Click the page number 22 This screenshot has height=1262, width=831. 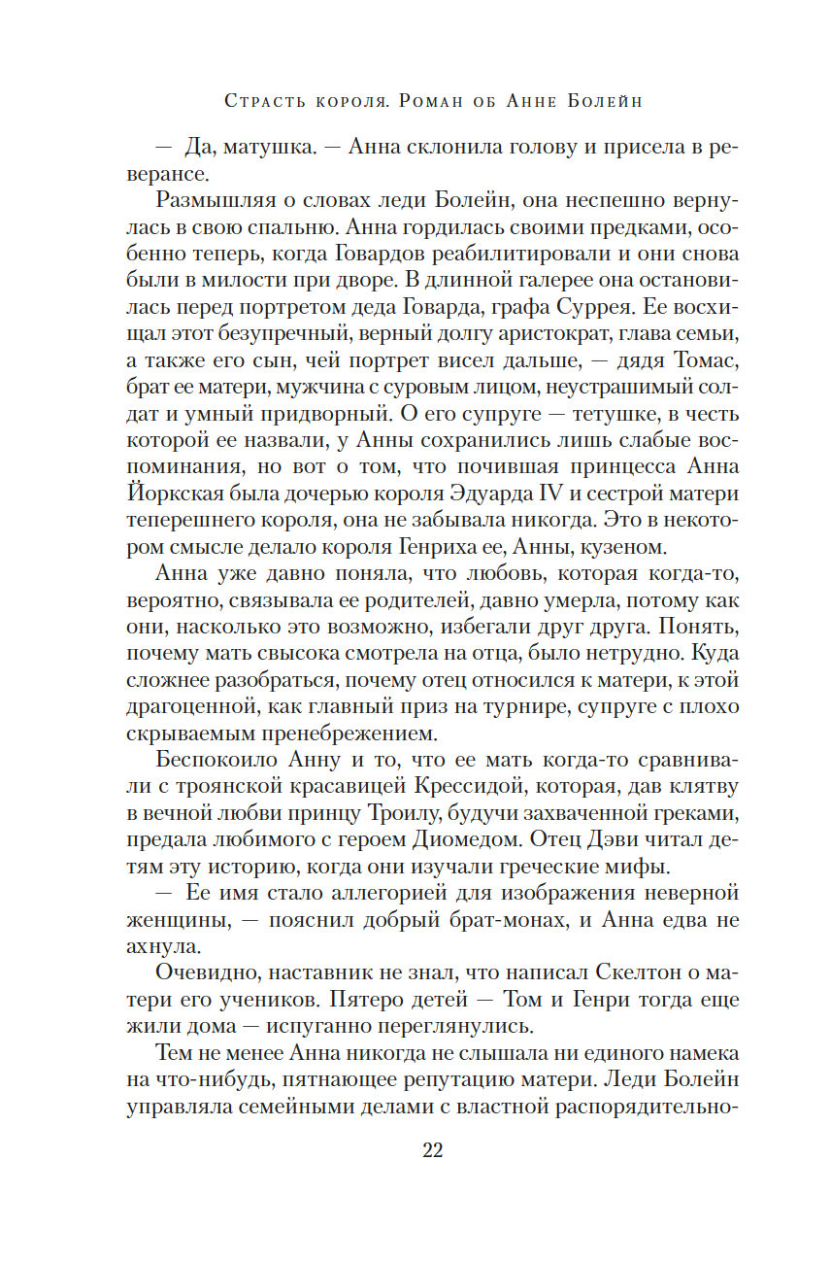click(x=433, y=1150)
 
